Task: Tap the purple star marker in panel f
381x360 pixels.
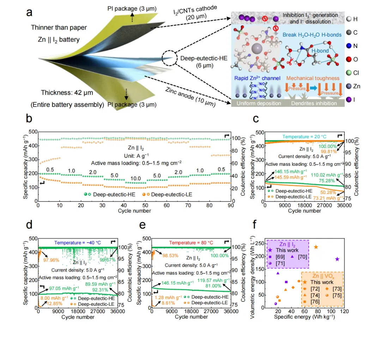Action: (337, 259)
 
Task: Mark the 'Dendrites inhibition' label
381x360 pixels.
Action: (313, 103)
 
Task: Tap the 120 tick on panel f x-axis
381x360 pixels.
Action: (344, 312)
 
